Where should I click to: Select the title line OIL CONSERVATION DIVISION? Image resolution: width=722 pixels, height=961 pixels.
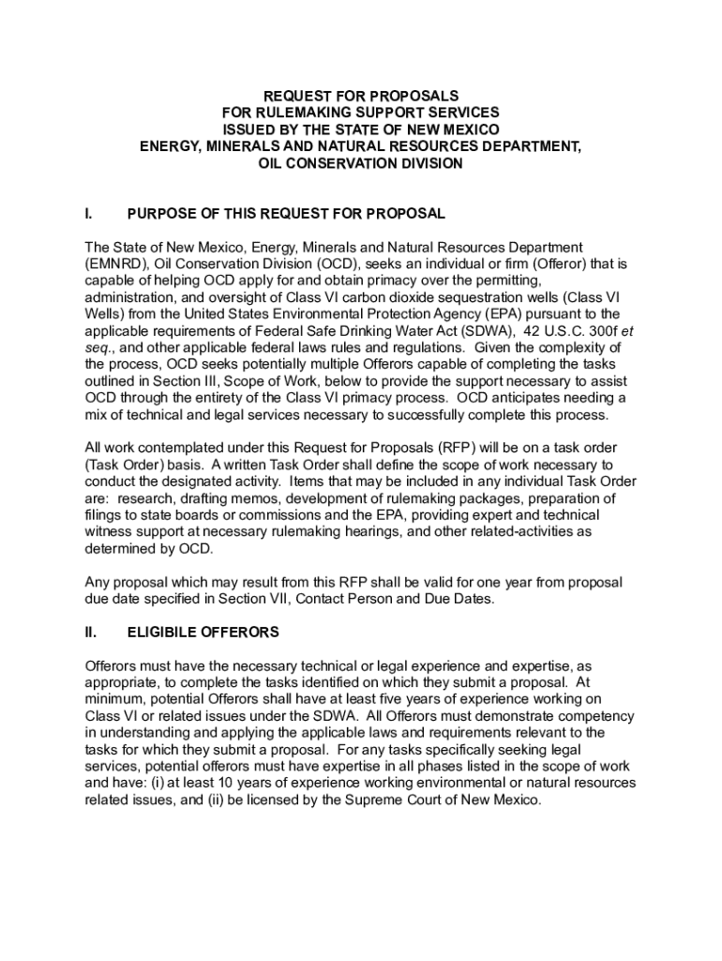[361, 163]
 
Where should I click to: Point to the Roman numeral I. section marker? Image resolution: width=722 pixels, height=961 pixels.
[88, 214]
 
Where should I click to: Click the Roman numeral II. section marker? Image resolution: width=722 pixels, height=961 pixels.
[91, 633]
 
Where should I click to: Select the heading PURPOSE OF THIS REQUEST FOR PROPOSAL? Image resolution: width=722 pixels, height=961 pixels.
[286, 214]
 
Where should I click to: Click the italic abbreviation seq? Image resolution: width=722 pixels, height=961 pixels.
[98, 348]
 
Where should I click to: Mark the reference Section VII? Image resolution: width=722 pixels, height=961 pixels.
[287, 599]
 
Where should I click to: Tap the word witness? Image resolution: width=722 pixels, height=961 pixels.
[109, 532]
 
